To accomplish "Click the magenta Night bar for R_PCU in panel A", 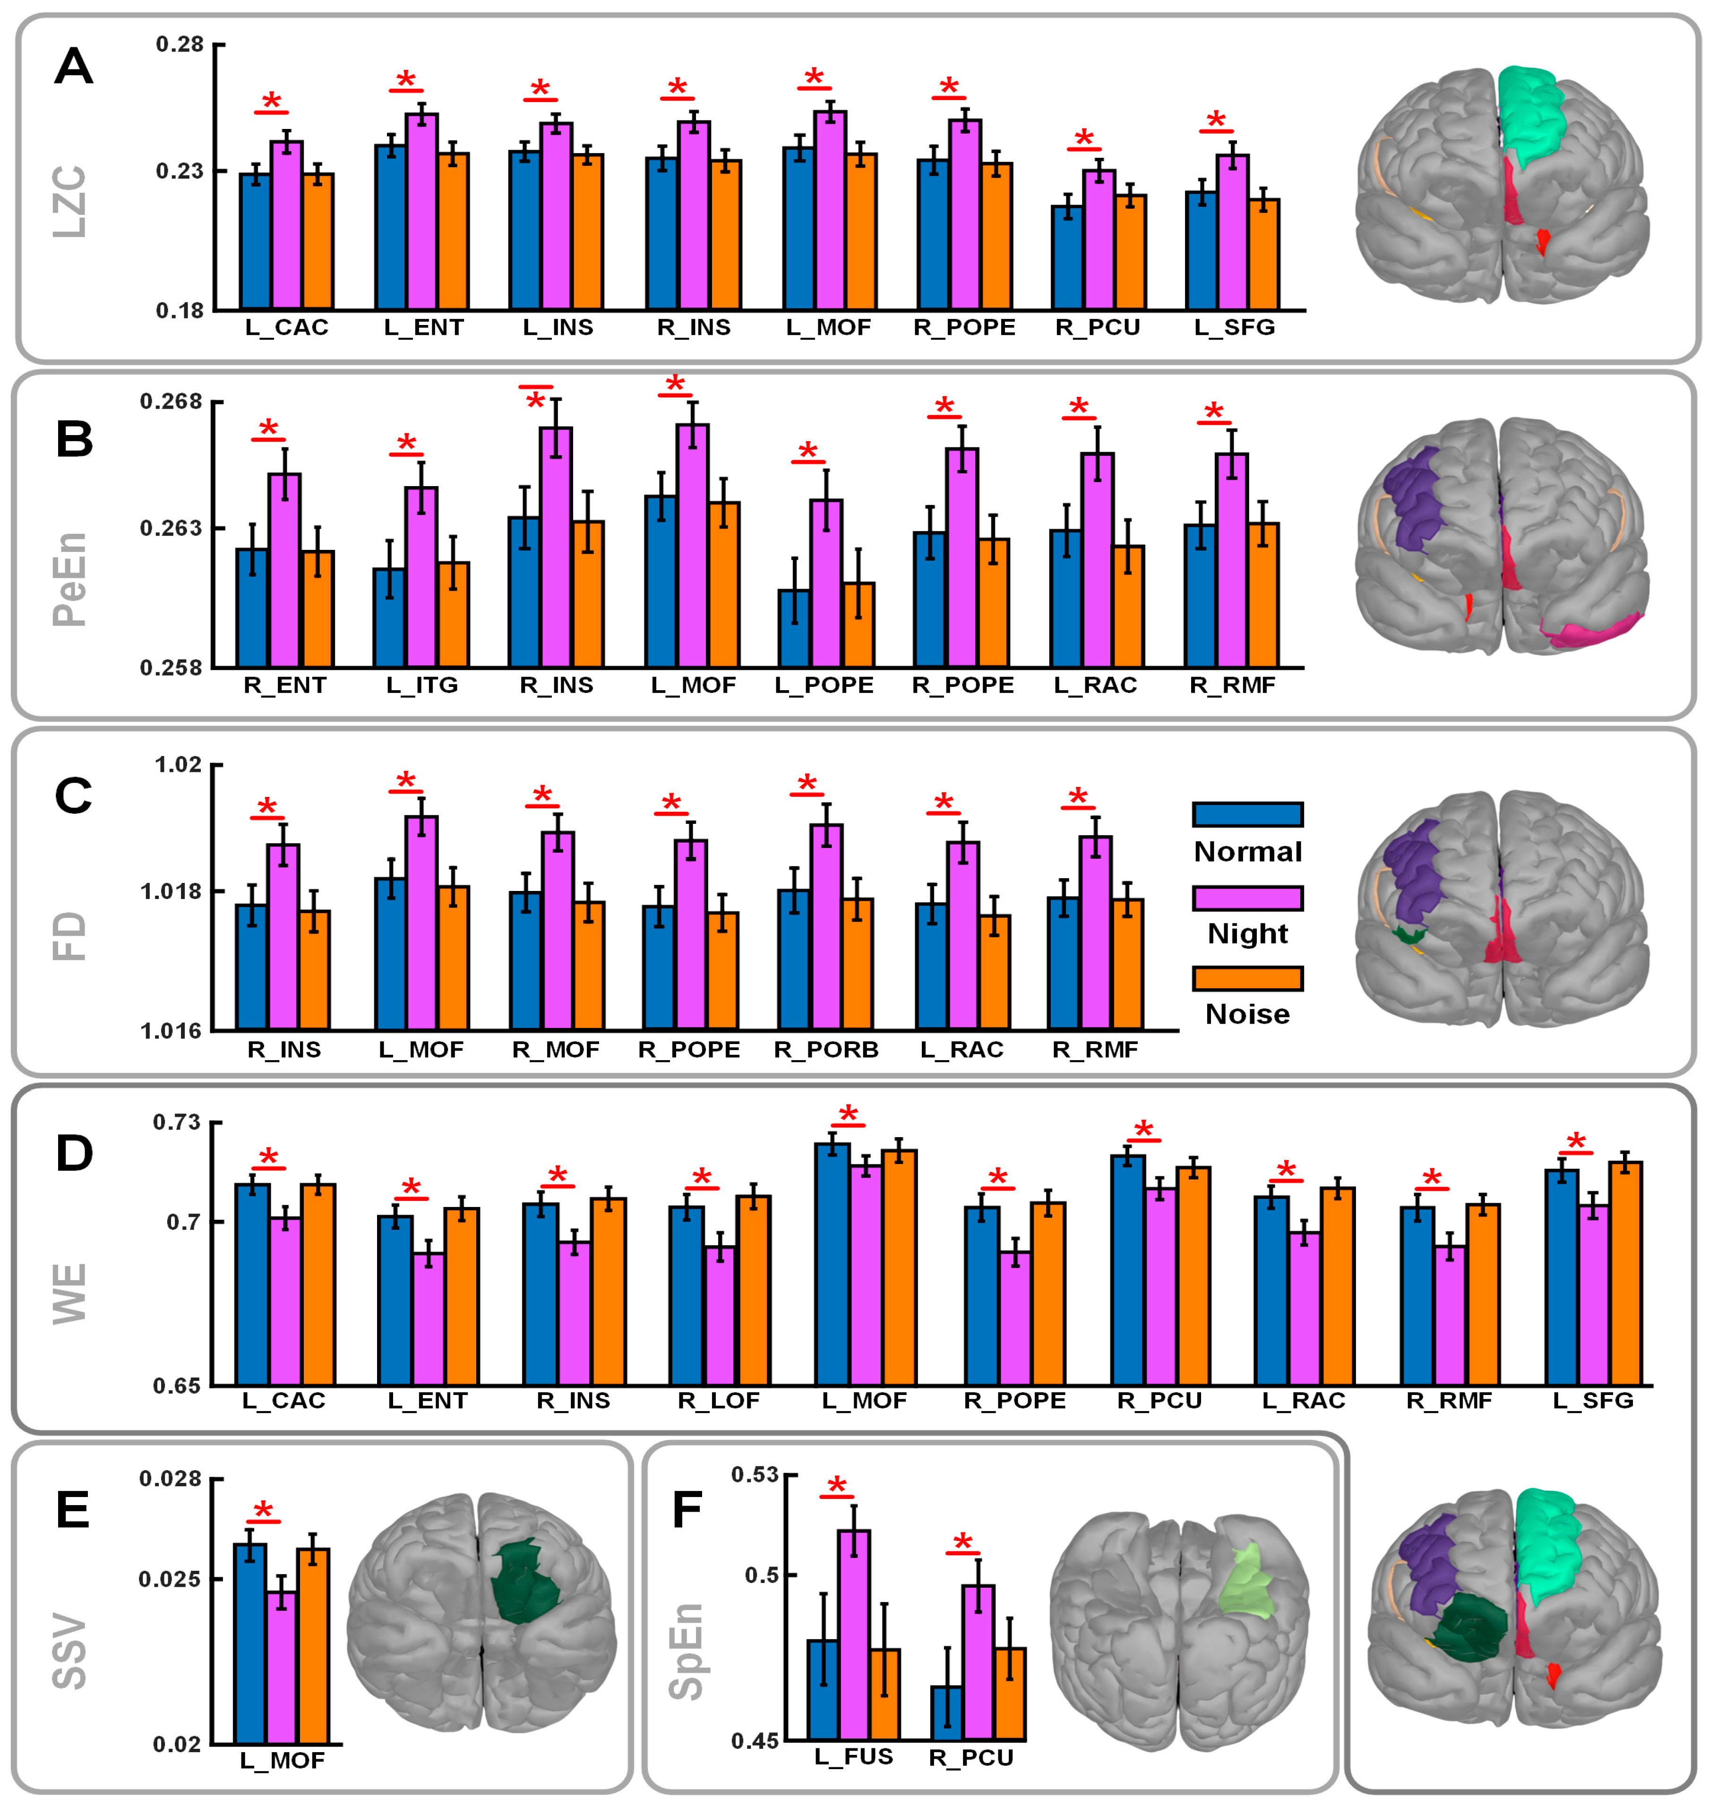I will tap(1099, 240).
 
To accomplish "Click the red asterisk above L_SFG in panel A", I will tap(1215, 120).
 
